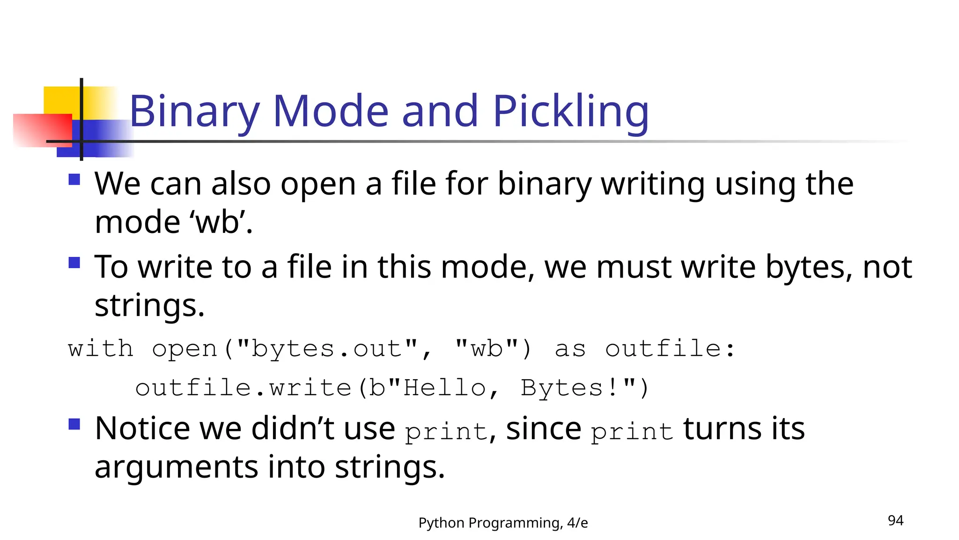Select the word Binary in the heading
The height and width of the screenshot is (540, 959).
pyautogui.click(x=194, y=112)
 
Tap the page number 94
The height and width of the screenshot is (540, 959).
pyautogui.click(x=895, y=520)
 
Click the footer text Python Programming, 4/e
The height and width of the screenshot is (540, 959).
pyautogui.click(x=503, y=523)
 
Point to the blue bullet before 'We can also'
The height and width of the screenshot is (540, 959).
pyautogui.click(x=74, y=180)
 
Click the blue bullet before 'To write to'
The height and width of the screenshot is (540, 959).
pyautogui.click(x=74, y=262)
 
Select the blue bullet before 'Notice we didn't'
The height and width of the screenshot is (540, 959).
pyautogui.click(x=74, y=424)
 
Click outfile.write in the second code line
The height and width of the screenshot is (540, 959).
pyautogui.click(x=243, y=388)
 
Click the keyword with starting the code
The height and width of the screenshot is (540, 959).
pyautogui.click(x=100, y=349)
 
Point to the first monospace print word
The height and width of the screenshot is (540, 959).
pyautogui.click(x=446, y=432)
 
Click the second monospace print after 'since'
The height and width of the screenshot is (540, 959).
pyautogui.click(x=631, y=432)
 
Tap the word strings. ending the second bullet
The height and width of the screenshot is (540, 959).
pyautogui.click(x=149, y=306)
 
